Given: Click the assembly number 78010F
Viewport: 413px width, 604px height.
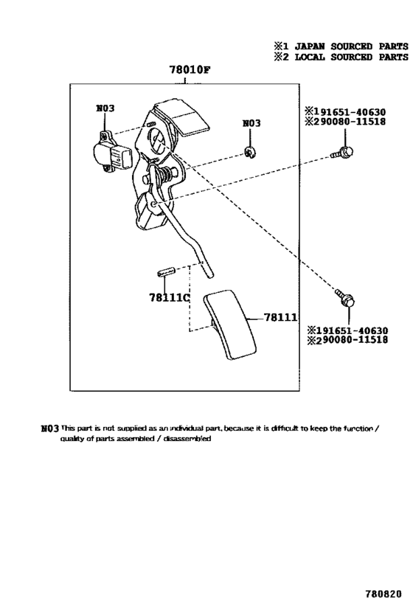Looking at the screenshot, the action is coord(190,70).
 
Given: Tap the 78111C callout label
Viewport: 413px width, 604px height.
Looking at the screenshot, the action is coord(170,297).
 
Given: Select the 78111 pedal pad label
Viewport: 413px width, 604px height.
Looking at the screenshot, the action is coord(280,317).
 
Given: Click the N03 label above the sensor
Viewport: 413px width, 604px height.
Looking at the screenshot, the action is coord(105,108).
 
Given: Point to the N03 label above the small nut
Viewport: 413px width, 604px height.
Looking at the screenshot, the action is coord(251,123).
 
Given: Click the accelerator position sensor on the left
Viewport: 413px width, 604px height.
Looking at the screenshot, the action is coord(111,150).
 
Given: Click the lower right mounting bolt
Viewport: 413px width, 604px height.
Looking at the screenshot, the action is coord(345,298).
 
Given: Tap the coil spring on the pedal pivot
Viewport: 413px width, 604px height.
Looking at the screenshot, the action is coord(165,176).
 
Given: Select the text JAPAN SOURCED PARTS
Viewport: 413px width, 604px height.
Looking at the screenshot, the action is coord(351,46).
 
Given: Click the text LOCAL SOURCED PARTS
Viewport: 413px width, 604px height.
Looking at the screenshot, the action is coord(351,57).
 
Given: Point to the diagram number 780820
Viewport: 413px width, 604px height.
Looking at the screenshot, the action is coord(383,594).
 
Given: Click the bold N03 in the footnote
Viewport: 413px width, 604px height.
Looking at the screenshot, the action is coord(49,428).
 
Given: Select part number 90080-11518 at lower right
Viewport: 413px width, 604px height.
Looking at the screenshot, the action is coord(355,340).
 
